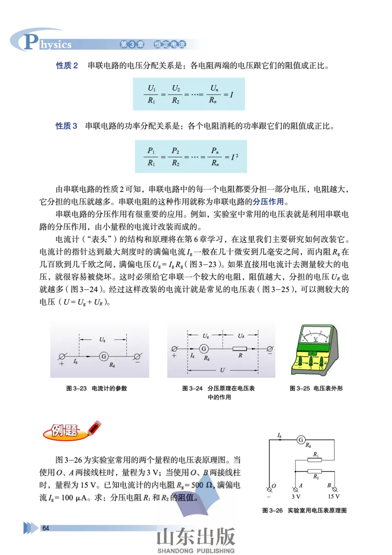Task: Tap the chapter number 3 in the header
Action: (131, 45)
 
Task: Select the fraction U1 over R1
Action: (152, 94)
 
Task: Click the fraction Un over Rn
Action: (213, 94)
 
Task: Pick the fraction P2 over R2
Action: (175, 157)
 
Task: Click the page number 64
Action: (46, 528)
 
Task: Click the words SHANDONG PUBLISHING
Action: (196, 551)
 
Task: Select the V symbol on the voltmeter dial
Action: (316, 339)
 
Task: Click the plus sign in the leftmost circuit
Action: (62, 365)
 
